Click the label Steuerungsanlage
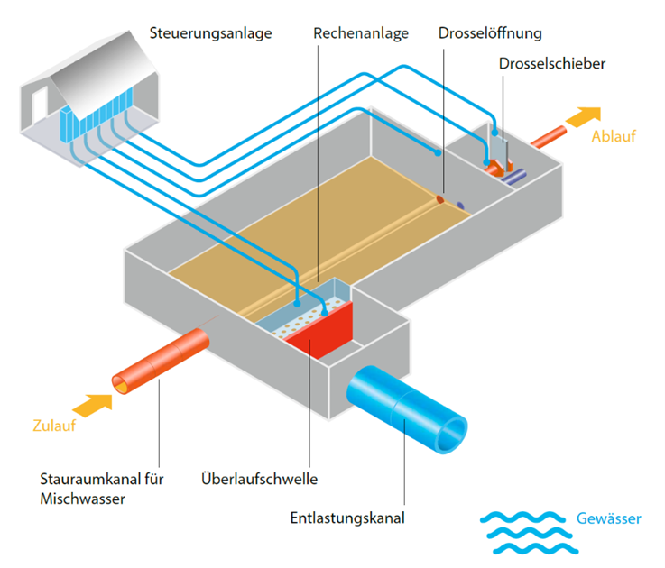(x=210, y=34)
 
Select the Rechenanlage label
(x=361, y=34)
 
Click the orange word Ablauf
(x=614, y=137)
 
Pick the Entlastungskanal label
(x=347, y=518)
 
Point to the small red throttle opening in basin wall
(x=441, y=198)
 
